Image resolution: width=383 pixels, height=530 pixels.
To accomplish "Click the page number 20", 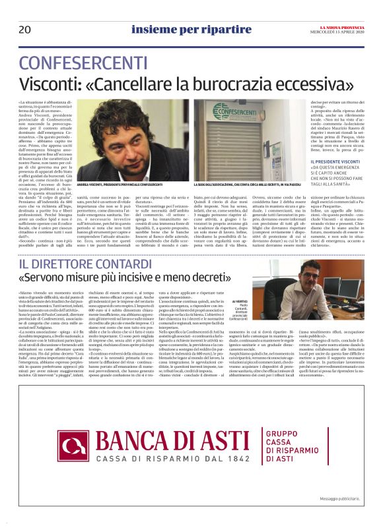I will [x=25, y=30].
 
